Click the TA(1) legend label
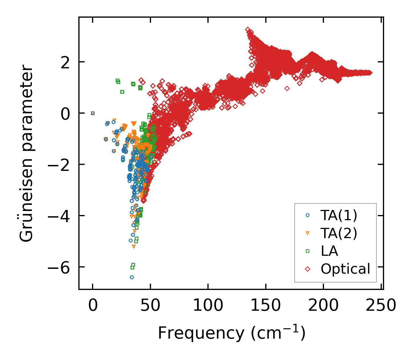pyautogui.click(x=339, y=216)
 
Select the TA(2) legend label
pyautogui.click(x=339, y=233)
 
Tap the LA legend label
pyautogui.click(x=329, y=251)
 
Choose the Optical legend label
pyautogui.click(x=345, y=269)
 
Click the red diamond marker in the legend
pyautogui.click(x=307, y=269)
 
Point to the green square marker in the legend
pyautogui.click(x=307, y=251)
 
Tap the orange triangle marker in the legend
pyautogui.click(x=307, y=233)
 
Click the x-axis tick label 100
pyautogui.click(x=208, y=306)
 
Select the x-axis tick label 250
pyautogui.click(x=381, y=306)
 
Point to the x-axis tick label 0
pyautogui.click(x=93, y=306)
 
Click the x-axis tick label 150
pyautogui.click(x=266, y=306)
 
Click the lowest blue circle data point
pyautogui.click(x=132, y=277)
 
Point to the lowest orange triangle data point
pyautogui.click(x=134, y=247)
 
